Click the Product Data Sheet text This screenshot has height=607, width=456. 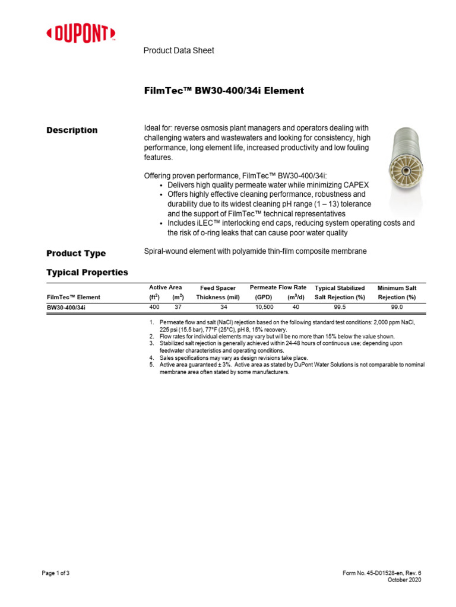[x=179, y=50]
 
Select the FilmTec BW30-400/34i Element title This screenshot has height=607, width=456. [x=224, y=91]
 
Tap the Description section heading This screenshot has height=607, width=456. [x=72, y=130]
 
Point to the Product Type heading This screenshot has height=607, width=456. [x=76, y=253]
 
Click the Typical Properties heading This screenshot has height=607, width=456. [x=87, y=272]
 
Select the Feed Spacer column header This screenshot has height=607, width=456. [x=218, y=288]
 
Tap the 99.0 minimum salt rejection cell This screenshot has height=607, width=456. [x=397, y=306]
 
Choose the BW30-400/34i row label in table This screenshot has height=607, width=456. [x=69, y=308]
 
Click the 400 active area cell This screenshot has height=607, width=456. [x=154, y=306]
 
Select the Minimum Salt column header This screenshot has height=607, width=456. [x=397, y=287]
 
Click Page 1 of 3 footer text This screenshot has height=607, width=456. [x=56, y=573]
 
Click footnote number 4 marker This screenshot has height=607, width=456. [x=152, y=358]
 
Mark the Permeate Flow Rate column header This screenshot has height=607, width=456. [x=278, y=287]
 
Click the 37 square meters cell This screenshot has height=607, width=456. [x=178, y=306]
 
